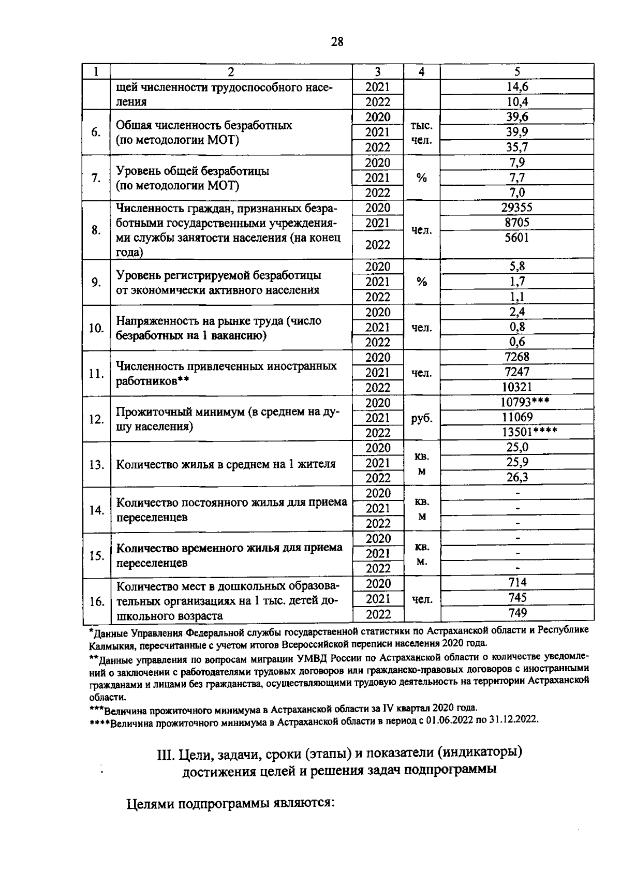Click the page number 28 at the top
point(337,42)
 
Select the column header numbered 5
point(517,72)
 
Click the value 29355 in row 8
point(517,208)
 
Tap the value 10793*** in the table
point(525,402)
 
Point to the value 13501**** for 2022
point(529,432)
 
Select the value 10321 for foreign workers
point(517,387)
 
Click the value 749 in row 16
point(517,613)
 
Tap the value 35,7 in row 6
point(517,147)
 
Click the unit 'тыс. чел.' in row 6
point(422,132)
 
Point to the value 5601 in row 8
point(517,238)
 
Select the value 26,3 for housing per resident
point(517,477)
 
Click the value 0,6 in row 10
point(517,342)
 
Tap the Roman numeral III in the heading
point(165,754)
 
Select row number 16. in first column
point(96,602)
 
